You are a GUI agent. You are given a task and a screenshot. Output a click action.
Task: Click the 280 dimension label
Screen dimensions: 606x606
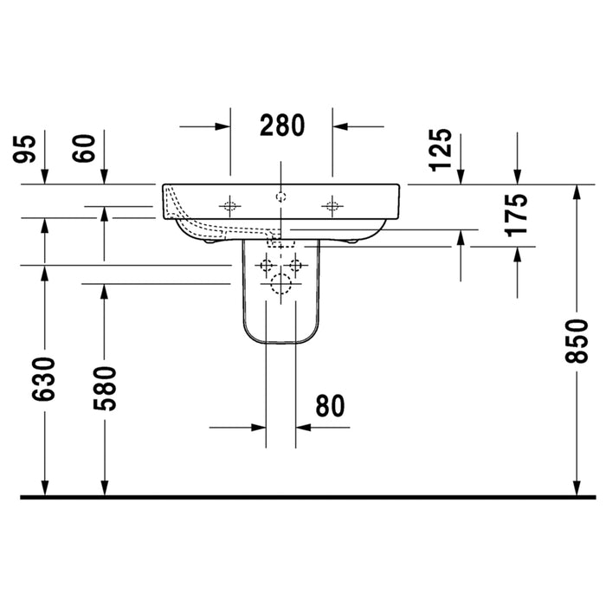click(282, 126)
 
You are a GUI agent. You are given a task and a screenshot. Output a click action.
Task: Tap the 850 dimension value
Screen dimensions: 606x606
click(577, 341)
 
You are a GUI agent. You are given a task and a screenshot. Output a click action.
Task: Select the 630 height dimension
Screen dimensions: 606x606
click(43, 379)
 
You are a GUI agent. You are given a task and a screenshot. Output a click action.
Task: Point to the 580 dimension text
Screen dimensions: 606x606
click(105, 389)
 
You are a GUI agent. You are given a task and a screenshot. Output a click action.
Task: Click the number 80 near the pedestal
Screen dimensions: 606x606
click(330, 406)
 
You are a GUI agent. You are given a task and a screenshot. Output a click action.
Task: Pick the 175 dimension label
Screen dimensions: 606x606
click(516, 215)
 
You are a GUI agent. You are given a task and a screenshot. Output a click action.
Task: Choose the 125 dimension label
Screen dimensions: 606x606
click(441, 150)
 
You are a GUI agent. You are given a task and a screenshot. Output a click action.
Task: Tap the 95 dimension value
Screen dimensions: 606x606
click(24, 149)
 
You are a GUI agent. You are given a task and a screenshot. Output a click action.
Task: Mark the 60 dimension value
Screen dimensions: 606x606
click(84, 149)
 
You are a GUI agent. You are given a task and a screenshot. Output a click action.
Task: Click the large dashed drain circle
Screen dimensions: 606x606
click(281, 284)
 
